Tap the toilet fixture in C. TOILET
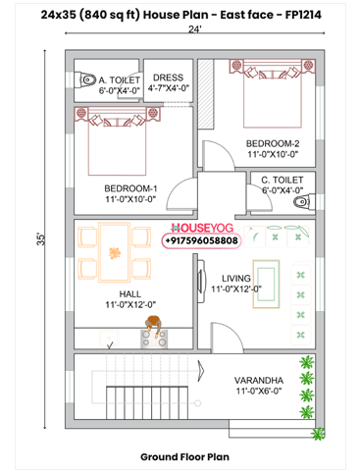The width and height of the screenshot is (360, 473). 306,205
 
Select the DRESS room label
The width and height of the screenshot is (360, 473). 168,76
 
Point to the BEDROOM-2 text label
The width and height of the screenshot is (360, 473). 271,143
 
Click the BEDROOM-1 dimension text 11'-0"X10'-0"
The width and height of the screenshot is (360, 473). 130,199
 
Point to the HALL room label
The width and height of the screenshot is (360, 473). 130,293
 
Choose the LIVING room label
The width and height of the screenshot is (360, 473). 235,278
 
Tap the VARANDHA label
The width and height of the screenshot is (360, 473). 260,379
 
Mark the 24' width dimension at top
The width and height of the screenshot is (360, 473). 196,29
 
